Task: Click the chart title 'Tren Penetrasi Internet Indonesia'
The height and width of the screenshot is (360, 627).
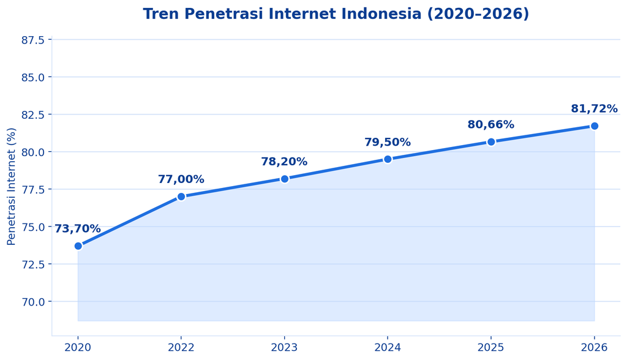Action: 282,14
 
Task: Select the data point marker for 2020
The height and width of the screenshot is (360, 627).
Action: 78,246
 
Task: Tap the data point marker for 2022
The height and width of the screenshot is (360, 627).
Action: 181,197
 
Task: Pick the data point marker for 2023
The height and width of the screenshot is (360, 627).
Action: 284,179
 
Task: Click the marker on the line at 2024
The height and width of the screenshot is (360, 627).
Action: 388,159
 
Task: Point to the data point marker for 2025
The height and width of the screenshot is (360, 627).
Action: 491,141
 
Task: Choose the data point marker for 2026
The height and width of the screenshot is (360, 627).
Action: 594,126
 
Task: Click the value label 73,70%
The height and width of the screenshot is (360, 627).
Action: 78,229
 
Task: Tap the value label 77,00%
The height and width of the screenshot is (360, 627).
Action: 181,179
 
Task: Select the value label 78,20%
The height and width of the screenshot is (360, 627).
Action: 284,162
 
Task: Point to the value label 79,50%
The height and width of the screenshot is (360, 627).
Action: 388,142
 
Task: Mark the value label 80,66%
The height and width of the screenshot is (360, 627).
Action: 491,124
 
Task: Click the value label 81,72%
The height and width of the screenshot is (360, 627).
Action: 594,108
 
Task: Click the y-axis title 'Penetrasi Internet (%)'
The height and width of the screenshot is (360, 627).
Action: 11,186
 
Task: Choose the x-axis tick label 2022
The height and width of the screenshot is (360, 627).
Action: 181,347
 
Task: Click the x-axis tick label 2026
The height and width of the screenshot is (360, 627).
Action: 594,347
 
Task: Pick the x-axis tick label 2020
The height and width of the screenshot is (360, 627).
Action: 78,347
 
